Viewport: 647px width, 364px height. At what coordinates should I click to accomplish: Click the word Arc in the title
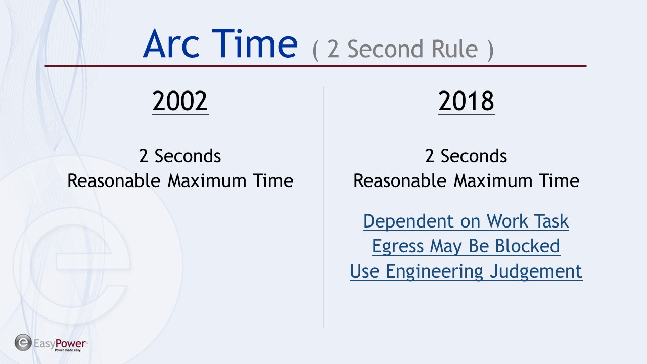click(x=171, y=43)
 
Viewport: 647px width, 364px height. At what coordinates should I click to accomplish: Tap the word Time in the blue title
click(x=254, y=43)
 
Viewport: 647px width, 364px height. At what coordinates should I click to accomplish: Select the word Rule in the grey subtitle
click(x=454, y=49)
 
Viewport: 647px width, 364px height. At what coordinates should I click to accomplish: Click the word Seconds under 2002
click(x=188, y=156)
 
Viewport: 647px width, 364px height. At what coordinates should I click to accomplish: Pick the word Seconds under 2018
click(x=474, y=156)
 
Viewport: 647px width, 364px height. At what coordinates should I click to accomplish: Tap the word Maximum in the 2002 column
click(x=207, y=181)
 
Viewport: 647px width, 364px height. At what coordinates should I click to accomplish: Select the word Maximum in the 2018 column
click(x=493, y=181)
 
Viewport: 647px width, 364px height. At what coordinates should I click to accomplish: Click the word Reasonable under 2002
click(x=114, y=181)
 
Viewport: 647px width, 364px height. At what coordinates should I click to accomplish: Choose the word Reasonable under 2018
click(x=400, y=181)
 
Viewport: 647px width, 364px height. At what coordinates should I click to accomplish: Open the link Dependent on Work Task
click(x=466, y=221)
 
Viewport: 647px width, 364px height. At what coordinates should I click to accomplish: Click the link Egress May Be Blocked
click(x=466, y=246)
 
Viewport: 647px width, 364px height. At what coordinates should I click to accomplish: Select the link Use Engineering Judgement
click(x=466, y=271)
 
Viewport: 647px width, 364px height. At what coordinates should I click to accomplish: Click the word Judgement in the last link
click(x=536, y=271)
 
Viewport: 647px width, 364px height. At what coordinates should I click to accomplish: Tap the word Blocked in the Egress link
click(x=527, y=246)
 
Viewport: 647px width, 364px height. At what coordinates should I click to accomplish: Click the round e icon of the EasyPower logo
click(x=23, y=343)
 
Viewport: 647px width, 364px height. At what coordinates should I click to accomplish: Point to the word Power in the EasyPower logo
click(x=70, y=343)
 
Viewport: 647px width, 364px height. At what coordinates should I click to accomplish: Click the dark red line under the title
click(x=315, y=66)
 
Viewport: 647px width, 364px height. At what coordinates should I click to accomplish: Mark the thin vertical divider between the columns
click(x=323, y=207)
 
